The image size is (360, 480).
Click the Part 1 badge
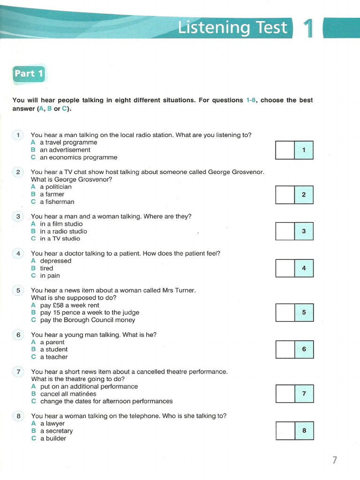tap(29, 74)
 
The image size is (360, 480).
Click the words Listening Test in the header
tap(232, 28)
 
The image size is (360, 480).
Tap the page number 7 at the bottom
tap(334, 460)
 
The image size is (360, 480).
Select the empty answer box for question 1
tap(285, 150)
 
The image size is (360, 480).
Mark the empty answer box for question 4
tap(285, 268)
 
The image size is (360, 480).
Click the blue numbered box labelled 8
tap(304, 430)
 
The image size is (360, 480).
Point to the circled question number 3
tap(18, 217)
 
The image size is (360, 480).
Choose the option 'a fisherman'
tap(57, 202)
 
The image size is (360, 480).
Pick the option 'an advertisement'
tap(65, 150)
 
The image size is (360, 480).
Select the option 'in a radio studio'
tap(63, 231)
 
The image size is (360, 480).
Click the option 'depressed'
tap(55, 261)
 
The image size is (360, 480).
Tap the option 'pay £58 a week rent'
tap(70, 305)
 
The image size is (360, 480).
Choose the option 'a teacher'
tap(53, 357)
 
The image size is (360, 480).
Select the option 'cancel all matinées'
tap(68, 394)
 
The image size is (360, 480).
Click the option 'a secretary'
tap(56, 431)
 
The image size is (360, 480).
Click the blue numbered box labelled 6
tap(304, 349)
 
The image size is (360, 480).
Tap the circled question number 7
tap(18, 372)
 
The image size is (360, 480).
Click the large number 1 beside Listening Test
tap(308, 29)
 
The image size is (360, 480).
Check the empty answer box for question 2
tap(285, 195)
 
